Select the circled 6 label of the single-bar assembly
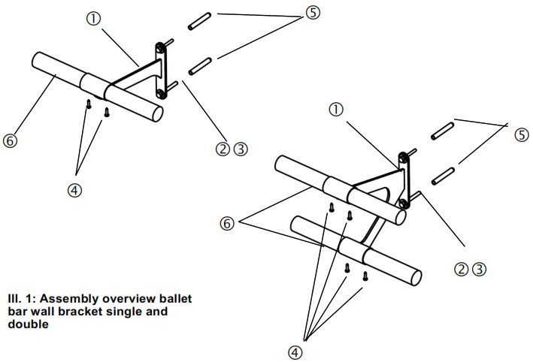[x=11, y=140]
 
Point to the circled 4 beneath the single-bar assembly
[x=74, y=190]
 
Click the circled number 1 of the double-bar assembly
[x=336, y=110]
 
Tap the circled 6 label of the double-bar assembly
[x=226, y=222]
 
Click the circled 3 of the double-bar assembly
[x=479, y=268]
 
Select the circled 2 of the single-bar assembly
[x=223, y=149]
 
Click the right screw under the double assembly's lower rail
[x=365, y=276]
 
